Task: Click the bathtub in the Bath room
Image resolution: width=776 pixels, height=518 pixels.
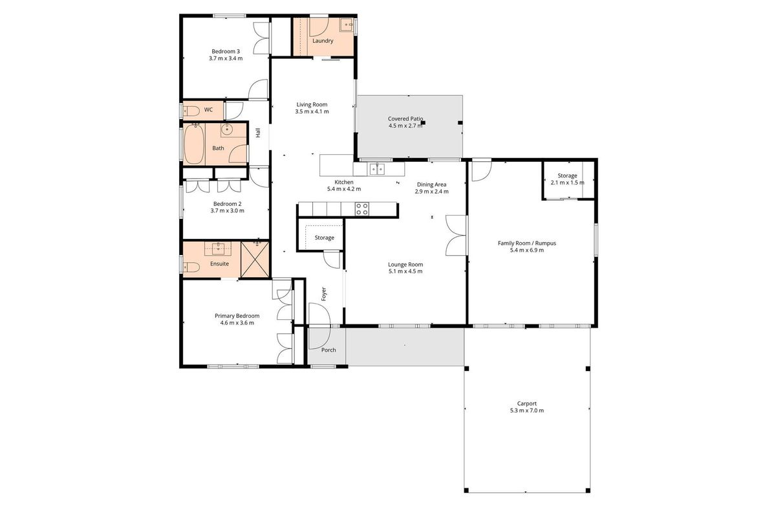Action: coord(193,144)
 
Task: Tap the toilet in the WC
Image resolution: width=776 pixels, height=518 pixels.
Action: coord(191,111)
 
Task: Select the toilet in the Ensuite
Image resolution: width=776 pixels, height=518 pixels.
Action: coord(191,267)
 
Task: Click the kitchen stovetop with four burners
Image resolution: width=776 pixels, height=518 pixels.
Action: coord(362,209)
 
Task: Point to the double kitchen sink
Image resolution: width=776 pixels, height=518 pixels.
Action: coord(377,169)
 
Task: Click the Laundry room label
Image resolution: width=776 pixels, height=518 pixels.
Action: coord(323,41)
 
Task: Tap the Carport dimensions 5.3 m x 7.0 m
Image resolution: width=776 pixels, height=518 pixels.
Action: coord(527,411)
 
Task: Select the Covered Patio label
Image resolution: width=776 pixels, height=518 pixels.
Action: coord(405,118)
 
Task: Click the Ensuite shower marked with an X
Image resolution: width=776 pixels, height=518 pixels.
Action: coord(255,259)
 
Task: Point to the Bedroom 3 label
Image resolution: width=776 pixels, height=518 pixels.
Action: coord(226,51)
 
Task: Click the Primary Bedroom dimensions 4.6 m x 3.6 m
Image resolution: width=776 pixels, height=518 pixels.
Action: coord(237,322)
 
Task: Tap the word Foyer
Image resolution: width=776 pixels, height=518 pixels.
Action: coord(324,293)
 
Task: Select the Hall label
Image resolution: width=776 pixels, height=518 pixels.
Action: coord(258,133)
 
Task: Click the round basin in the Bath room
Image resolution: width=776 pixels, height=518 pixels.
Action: coord(227,130)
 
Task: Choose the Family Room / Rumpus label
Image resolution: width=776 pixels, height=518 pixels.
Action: coord(527,243)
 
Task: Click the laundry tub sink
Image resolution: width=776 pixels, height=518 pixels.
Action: coord(347,25)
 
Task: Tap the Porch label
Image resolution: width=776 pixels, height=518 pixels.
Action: coord(329,350)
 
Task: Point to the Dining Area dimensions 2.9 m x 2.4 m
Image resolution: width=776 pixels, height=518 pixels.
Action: coord(432,192)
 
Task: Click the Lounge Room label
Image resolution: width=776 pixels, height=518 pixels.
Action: coord(405,264)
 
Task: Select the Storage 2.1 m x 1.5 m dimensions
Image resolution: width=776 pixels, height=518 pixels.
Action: coord(568,183)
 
